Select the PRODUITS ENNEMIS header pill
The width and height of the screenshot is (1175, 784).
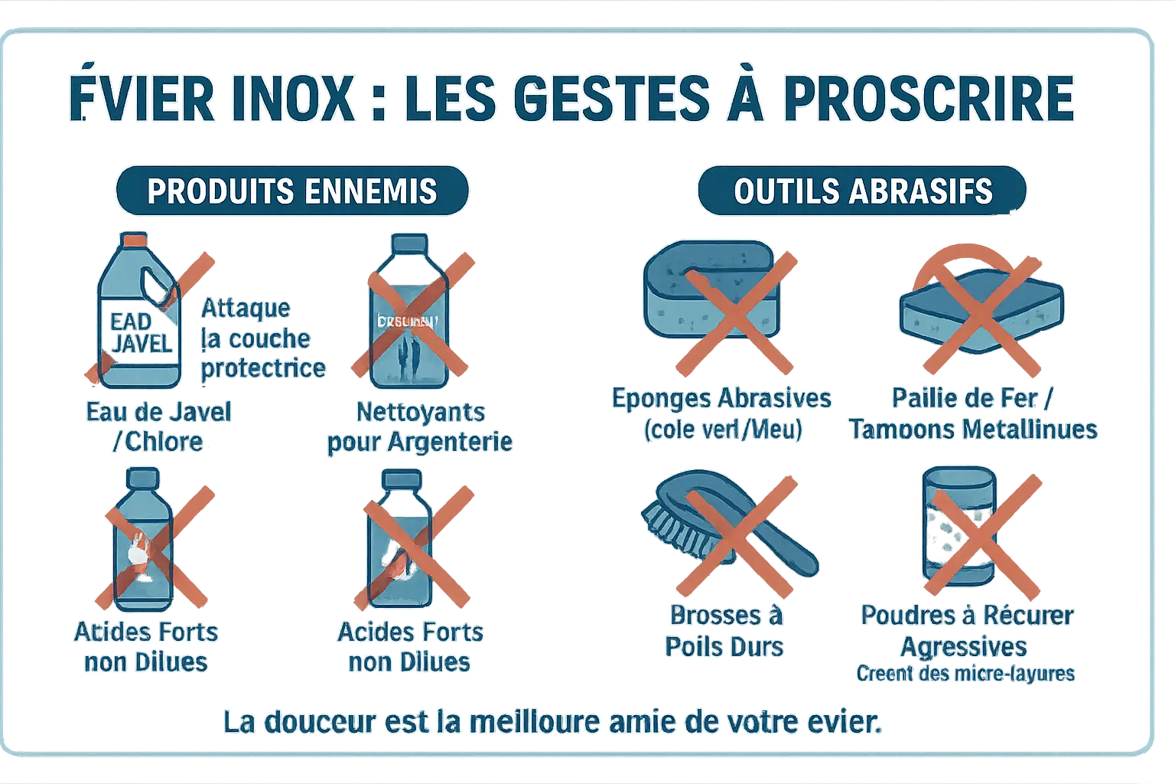click(x=291, y=191)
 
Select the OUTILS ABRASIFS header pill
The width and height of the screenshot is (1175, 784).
click(x=862, y=191)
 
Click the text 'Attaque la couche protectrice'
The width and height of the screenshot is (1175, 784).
click(x=262, y=338)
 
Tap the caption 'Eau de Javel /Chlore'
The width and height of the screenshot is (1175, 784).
click(x=158, y=426)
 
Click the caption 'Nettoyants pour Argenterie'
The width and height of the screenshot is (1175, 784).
click(x=419, y=426)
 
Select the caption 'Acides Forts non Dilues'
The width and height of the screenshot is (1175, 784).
click(x=410, y=646)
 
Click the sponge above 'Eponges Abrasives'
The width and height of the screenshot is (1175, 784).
click(x=711, y=295)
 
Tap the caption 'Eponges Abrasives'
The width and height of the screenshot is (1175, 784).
click(x=721, y=398)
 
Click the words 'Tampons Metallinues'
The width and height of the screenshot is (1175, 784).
click(x=973, y=430)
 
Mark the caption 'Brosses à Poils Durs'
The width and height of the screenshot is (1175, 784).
click(x=725, y=631)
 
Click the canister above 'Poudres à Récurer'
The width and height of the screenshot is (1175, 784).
click(x=959, y=528)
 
